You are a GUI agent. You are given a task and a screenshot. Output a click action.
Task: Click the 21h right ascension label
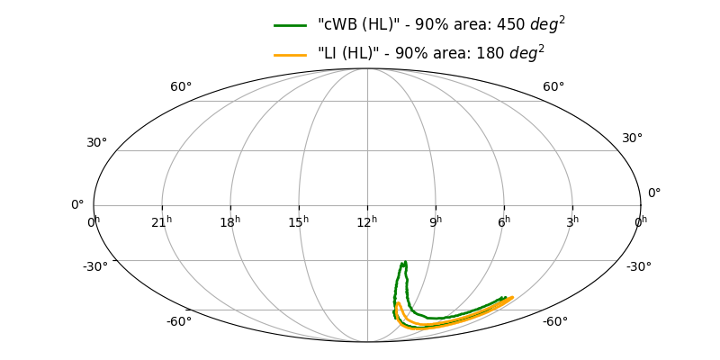[x=162, y=221]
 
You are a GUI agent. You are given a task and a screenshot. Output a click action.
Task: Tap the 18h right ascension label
[x=230, y=221]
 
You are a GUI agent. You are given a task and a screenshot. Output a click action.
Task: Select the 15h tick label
[x=299, y=221]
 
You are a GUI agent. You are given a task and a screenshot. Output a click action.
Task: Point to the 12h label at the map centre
[x=367, y=221]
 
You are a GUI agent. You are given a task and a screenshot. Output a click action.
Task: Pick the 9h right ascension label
[x=436, y=221]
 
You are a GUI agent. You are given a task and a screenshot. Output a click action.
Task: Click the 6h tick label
[x=504, y=221]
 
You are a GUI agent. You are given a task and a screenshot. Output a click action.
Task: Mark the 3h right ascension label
[x=572, y=221]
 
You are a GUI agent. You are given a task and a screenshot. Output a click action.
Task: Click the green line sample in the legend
[x=291, y=25]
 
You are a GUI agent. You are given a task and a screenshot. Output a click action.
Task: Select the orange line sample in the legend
[x=291, y=54]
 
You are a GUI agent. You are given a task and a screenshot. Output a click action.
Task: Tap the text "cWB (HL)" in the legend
[x=355, y=25]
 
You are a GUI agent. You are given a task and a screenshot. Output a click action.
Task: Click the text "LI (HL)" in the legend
[x=349, y=54]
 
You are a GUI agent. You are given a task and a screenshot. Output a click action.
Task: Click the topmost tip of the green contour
[x=405, y=262]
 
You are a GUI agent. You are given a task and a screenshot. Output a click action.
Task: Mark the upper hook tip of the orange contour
[x=398, y=303]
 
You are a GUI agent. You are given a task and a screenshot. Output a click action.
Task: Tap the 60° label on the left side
[x=181, y=87]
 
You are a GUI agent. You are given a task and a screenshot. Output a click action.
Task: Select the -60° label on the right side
[x=554, y=322]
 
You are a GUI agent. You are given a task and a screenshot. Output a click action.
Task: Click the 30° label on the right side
[x=633, y=139]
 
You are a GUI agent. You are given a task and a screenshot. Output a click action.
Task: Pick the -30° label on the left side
[x=95, y=266]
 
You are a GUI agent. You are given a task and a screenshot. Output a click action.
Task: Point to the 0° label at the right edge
[x=654, y=193]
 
